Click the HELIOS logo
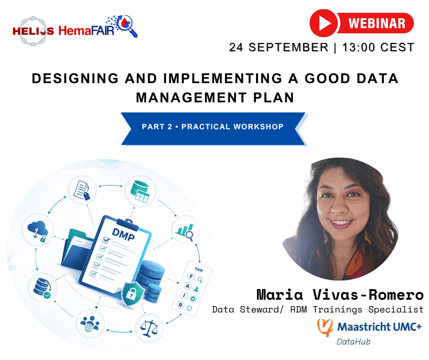coord(33,31)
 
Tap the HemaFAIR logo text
coord(86,31)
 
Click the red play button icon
coord(324,23)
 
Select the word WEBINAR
coord(377,23)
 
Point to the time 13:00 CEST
coord(378,48)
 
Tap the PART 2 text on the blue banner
coord(157,127)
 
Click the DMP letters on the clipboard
coord(123,234)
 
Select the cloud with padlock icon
coord(38,231)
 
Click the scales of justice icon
coord(149,328)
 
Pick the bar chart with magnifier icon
coord(185,232)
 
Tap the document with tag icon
coord(82,190)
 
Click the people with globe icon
coord(90,323)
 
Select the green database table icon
coord(140,191)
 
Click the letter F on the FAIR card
coord(191,276)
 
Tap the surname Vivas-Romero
coord(368,295)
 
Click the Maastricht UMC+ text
coord(379,327)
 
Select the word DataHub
coord(353,342)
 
